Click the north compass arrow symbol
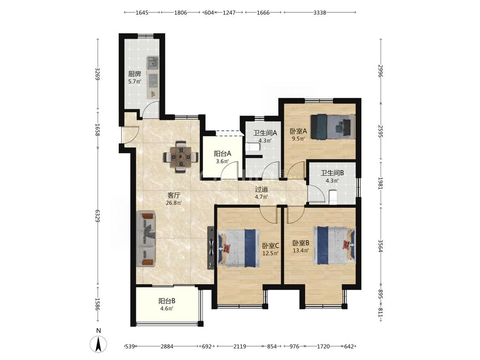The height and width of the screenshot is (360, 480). pyautogui.click(x=99, y=343)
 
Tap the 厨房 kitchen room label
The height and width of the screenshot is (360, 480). pyautogui.click(x=134, y=74)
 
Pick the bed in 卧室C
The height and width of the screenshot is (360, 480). pyautogui.click(x=238, y=248)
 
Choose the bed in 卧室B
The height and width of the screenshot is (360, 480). pyautogui.click(x=334, y=245)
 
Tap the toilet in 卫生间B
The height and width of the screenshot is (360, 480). pyautogui.click(x=333, y=197)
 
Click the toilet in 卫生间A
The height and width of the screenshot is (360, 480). pyautogui.click(x=253, y=147)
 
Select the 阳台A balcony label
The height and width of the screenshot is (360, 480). pyautogui.click(x=222, y=154)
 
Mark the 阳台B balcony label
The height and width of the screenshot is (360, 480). pyautogui.click(x=167, y=301)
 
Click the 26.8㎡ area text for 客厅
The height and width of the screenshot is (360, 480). pyautogui.click(x=174, y=203)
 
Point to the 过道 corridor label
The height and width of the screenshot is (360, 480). pyautogui.click(x=262, y=189)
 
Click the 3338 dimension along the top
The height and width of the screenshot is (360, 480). pyautogui.click(x=320, y=12)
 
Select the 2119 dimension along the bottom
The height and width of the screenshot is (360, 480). pyautogui.click(x=240, y=346)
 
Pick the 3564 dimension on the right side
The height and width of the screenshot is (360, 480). pyautogui.click(x=381, y=246)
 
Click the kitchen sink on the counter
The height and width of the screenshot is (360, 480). pyautogui.click(x=152, y=62)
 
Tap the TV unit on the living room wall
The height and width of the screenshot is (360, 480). pyautogui.click(x=211, y=248)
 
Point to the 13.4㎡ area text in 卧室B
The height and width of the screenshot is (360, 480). pyautogui.click(x=300, y=250)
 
